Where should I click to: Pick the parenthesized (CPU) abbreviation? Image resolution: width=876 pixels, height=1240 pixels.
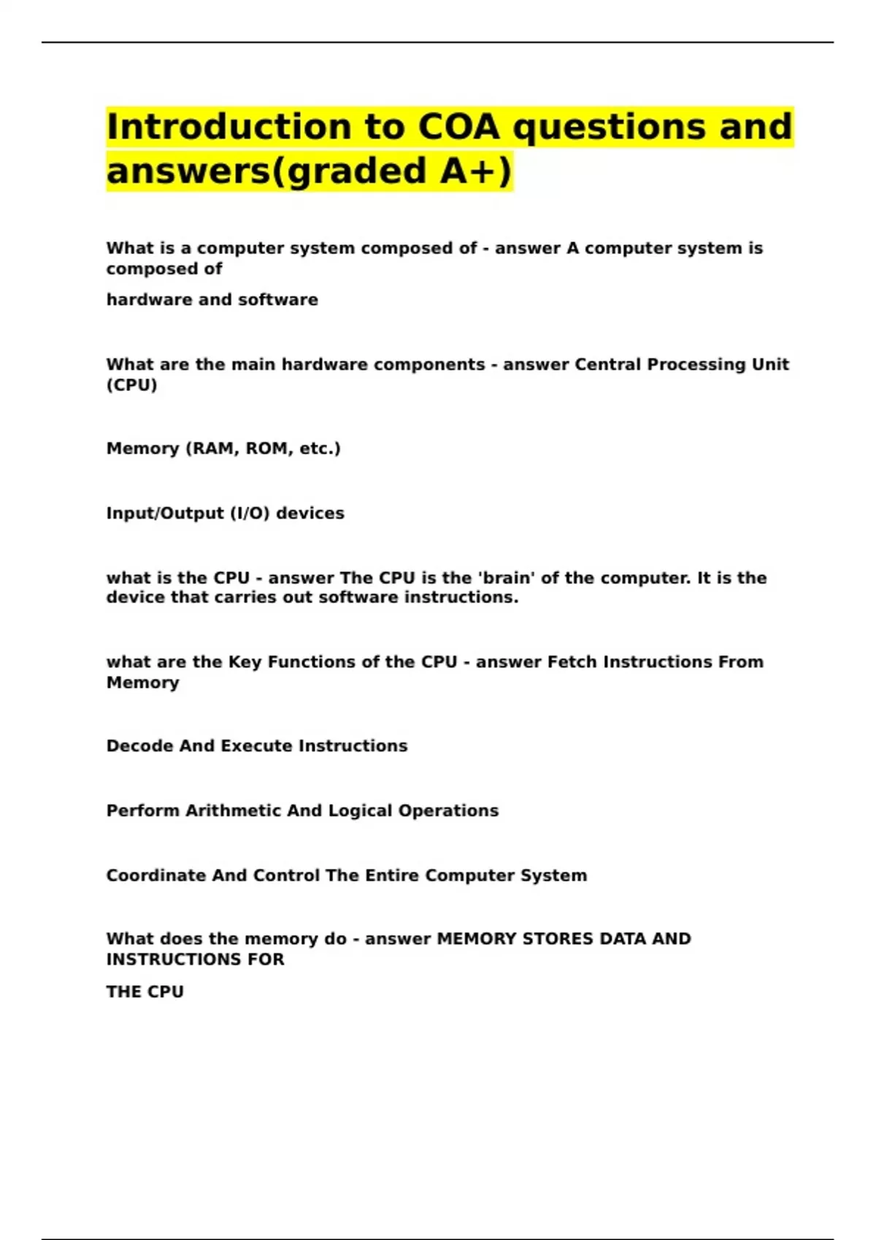click(131, 385)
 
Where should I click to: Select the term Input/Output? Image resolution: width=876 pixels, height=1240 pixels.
click(165, 514)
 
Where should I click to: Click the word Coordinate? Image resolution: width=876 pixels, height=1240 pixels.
click(155, 875)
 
